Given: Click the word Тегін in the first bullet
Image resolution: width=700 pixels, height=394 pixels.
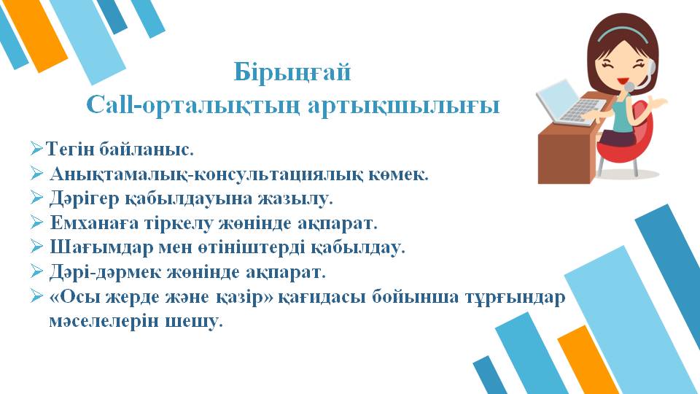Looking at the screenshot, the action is (70, 149).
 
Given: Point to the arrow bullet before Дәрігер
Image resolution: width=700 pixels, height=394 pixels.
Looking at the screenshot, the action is (36, 197).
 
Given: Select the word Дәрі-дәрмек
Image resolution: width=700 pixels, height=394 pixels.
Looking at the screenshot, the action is (105, 271).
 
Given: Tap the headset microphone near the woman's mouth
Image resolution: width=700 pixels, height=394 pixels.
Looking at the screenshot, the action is (629, 86).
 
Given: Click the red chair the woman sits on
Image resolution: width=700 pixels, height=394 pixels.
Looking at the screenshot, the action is (626, 142).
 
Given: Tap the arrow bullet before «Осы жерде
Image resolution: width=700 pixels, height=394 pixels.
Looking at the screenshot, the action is (36, 295).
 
